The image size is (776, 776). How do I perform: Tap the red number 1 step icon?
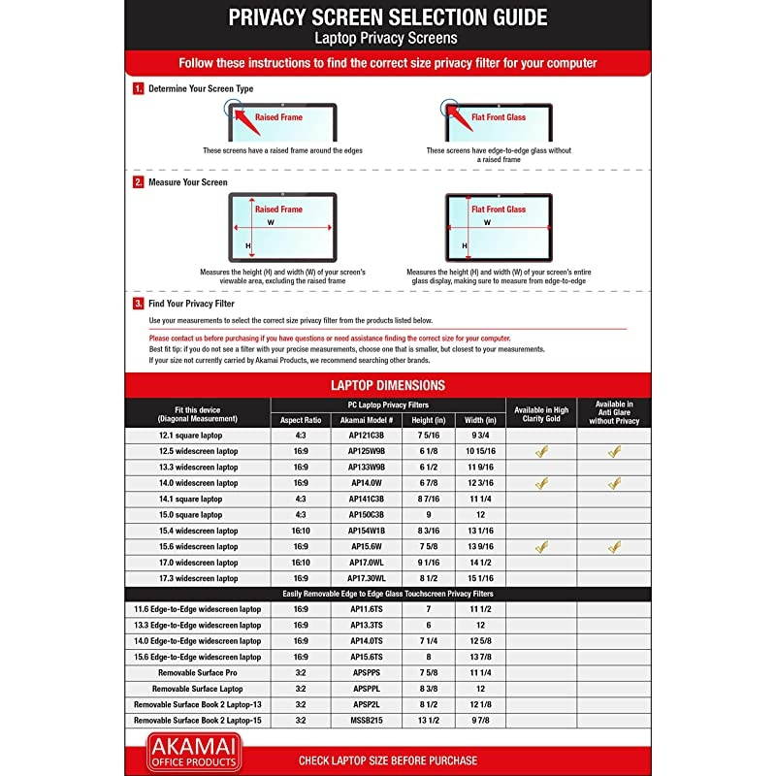click(x=139, y=88)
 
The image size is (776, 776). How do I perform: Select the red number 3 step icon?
click(x=139, y=304)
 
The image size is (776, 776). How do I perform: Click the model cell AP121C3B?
click(x=366, y=436)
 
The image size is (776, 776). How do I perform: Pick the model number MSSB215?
click(x=366, y=721)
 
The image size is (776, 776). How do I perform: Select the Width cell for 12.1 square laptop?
click(x=481, y=436)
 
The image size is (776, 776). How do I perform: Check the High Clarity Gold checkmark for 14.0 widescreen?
click(x=541, y=483)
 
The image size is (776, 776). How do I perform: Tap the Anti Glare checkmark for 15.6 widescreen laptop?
click(x=614, y=547)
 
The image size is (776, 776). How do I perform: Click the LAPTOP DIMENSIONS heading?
click(x=388, y=385)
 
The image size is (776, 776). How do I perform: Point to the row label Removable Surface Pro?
click(x=198, y=672)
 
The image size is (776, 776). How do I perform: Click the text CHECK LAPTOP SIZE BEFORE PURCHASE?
click(x=388, y=760)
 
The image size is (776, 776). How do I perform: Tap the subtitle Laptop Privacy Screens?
click(x=387, y=38)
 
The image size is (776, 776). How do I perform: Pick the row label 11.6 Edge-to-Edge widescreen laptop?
click(x=198, y=609)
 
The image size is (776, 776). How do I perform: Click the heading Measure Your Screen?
click(x=187, y=182)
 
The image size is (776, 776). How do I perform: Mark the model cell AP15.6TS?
click(x=366, y=657)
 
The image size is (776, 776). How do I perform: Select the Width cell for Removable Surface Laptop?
click(x=481, y=689)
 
